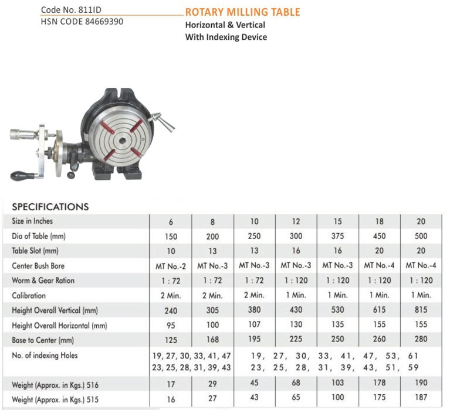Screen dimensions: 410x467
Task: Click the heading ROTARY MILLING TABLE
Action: (x=242, y=12)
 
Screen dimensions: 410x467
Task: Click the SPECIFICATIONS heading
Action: (x=50, y=207)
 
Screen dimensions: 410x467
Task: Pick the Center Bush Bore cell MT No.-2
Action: (x=171, y=266)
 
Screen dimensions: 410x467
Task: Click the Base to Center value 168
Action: (x=212, y=340)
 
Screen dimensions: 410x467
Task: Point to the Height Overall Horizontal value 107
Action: (x=253, y=325)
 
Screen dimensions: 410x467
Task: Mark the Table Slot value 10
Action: (x=171, y=251)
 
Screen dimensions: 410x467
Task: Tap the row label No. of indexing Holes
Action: (x=45, y=355)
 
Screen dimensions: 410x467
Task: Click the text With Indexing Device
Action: (x=226, y=37)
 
